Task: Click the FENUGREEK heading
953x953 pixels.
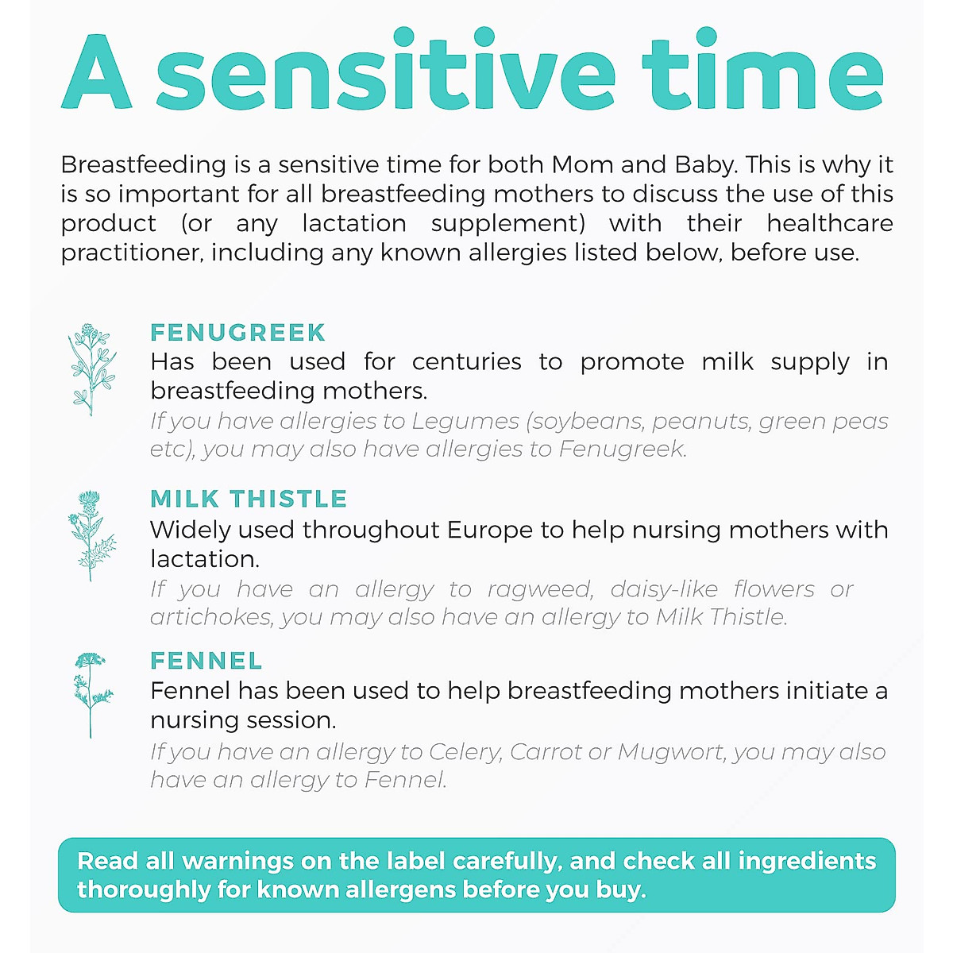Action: coord(237,332)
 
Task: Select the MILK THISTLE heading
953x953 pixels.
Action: coord(249,499)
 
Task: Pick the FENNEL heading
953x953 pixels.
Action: coord(206,661)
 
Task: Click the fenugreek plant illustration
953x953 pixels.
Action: coord(91,368)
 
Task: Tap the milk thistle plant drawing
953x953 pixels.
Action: coord(91,534)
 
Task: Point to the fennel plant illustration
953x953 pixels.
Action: coord(91,693)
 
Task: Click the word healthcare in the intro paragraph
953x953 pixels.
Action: coord(829,223)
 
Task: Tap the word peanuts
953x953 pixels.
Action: coord(701,421)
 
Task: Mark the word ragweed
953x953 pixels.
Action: coord(540,589)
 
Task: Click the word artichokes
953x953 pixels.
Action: coord(210,617)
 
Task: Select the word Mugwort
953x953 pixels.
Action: coord(671,751)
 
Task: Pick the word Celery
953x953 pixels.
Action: coord(465,751)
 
